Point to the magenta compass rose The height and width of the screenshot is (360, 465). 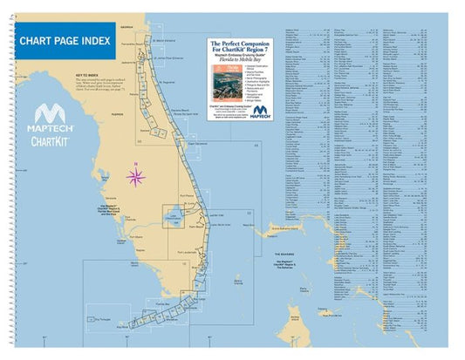coord(136,178)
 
